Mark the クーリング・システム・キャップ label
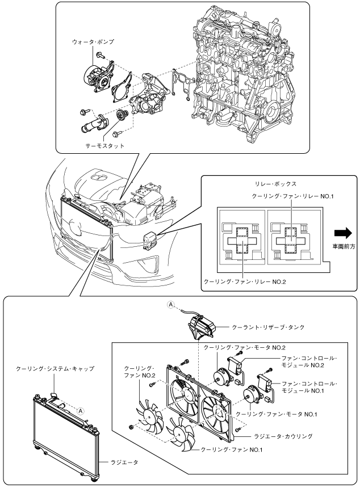[55, 368]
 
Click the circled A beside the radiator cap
[81, 410]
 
